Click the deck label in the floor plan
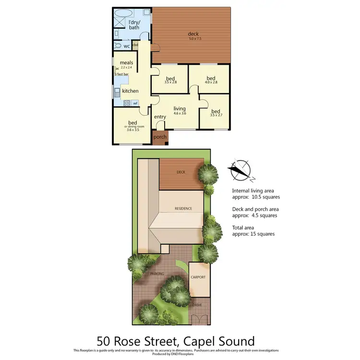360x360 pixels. [193, 34]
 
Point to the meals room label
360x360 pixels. [126, 63]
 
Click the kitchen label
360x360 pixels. [130, 91]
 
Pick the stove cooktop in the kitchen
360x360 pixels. [126, 102]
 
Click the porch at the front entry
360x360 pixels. [160, 137]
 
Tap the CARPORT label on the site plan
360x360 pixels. [198, 277]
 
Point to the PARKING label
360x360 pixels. [157, 274]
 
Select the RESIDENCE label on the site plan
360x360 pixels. [183, 208]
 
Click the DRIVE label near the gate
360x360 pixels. [197, 305]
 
